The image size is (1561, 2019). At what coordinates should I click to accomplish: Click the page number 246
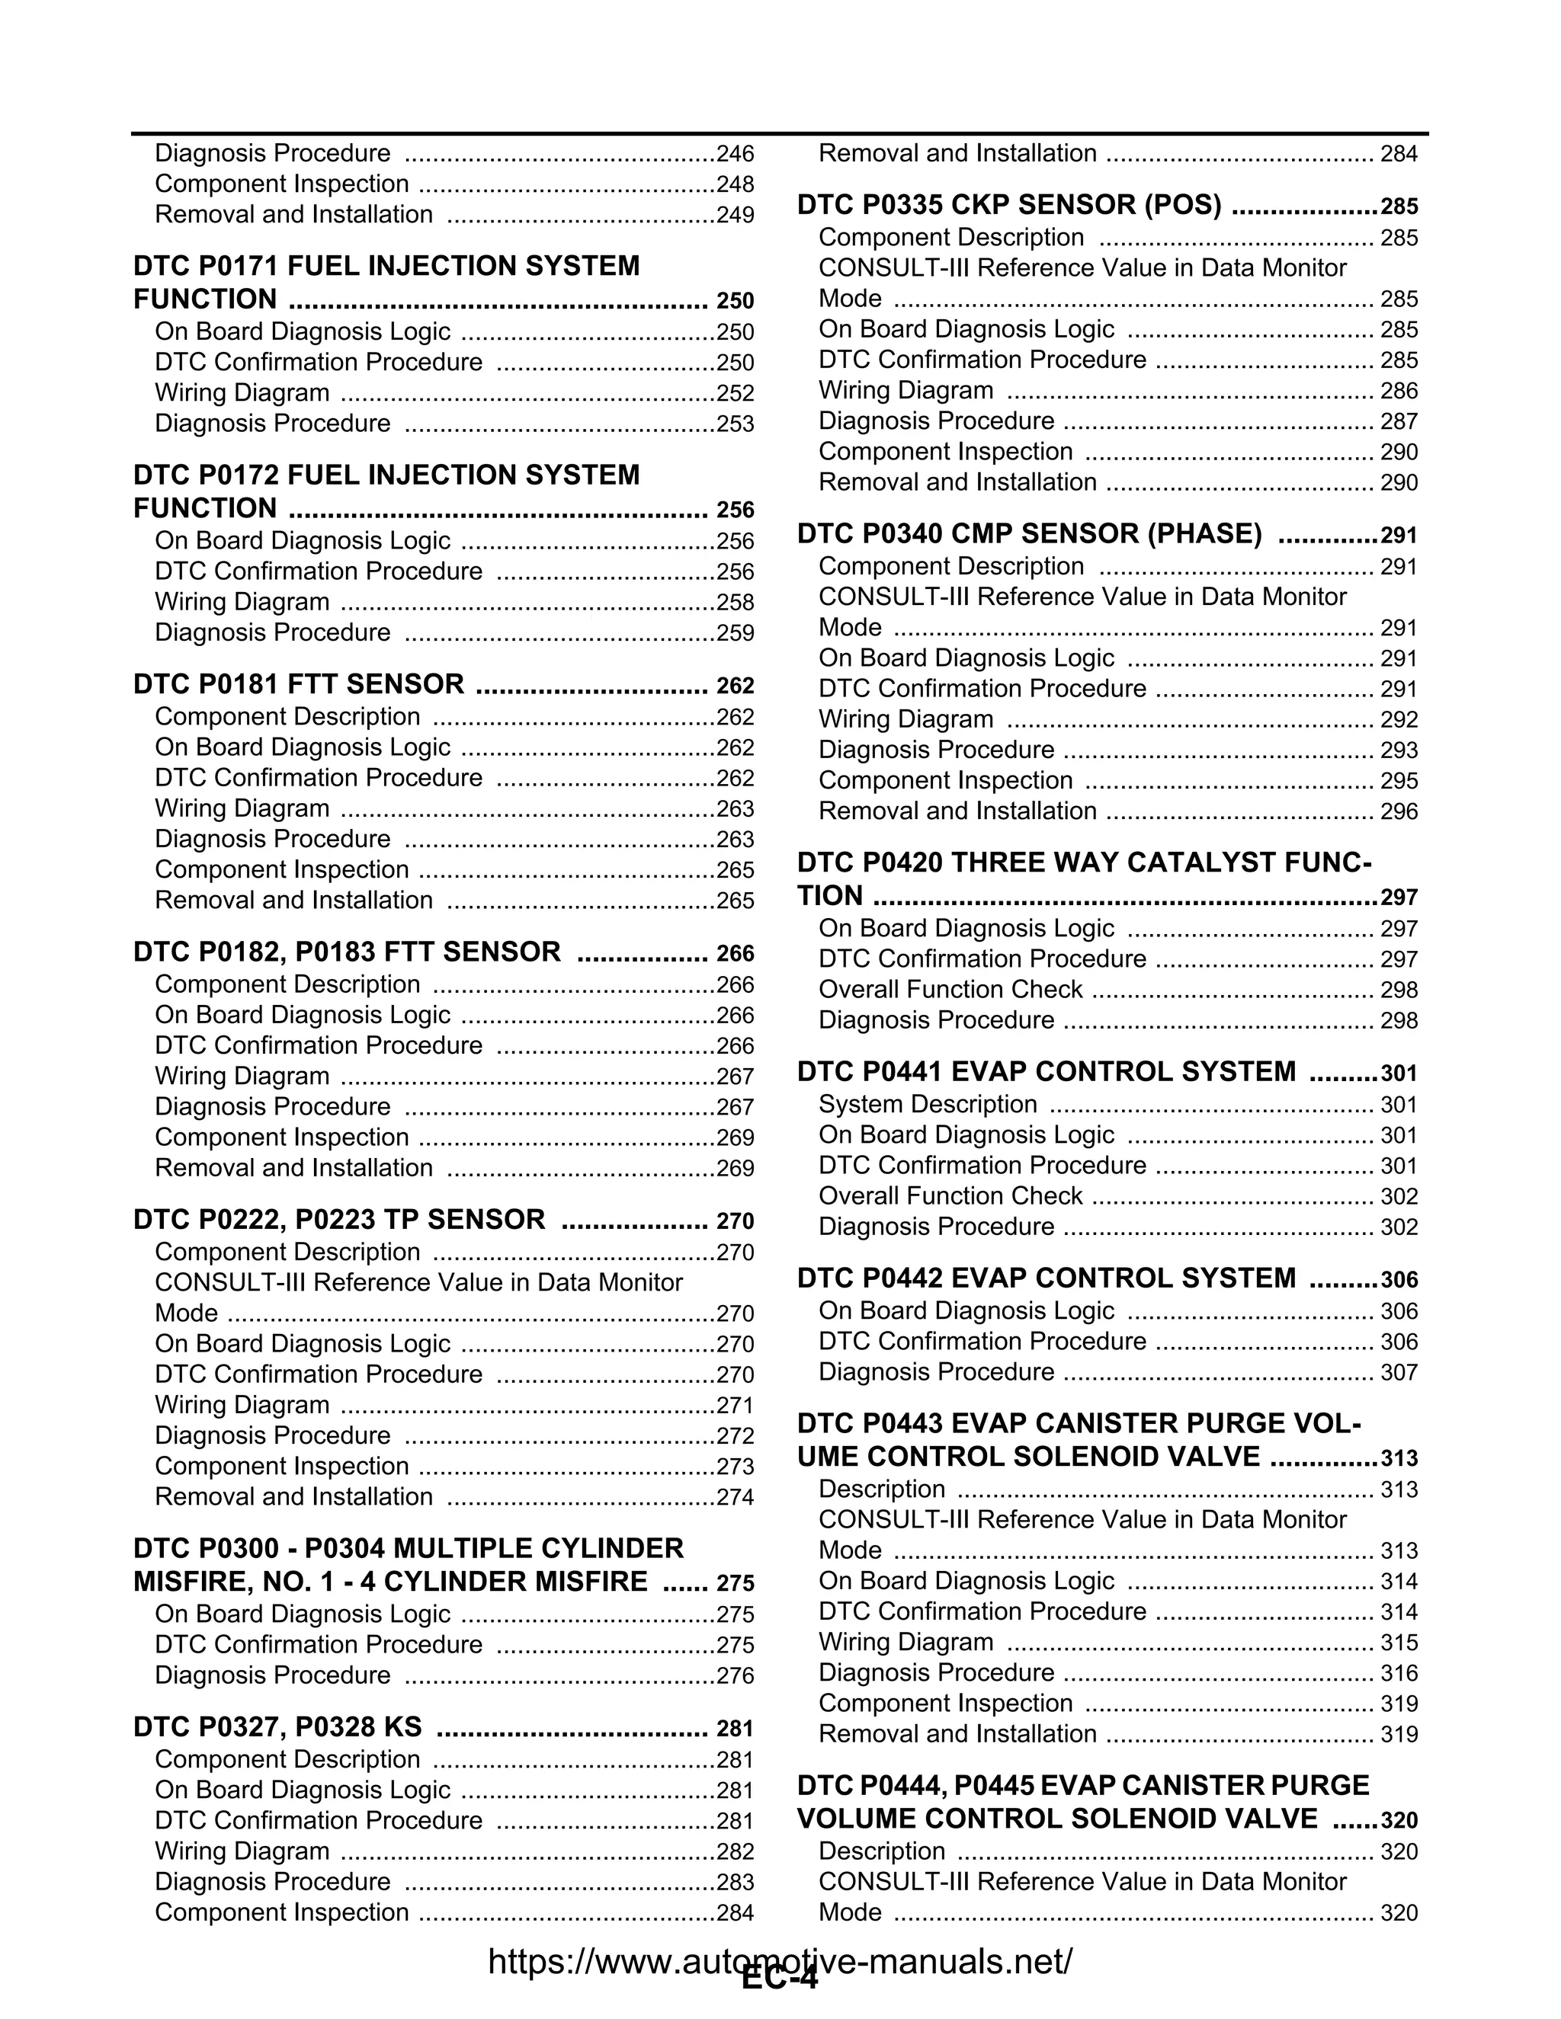click(736, 153)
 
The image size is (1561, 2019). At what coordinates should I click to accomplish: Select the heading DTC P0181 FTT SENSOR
click(299, 684)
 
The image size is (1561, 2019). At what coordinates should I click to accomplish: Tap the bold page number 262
click(736, 686)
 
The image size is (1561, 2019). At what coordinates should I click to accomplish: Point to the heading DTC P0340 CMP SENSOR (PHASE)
click(1029, 533)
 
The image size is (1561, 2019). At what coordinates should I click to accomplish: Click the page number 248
click(736, 184)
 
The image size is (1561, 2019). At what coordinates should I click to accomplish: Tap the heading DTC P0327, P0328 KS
click(277, 1727)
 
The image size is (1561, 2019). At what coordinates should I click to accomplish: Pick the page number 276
click(736, 1676)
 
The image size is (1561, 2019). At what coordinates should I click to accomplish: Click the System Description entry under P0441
click(928, 1104)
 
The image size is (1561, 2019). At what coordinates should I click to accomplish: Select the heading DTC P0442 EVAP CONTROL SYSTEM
click(1046, 1278)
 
